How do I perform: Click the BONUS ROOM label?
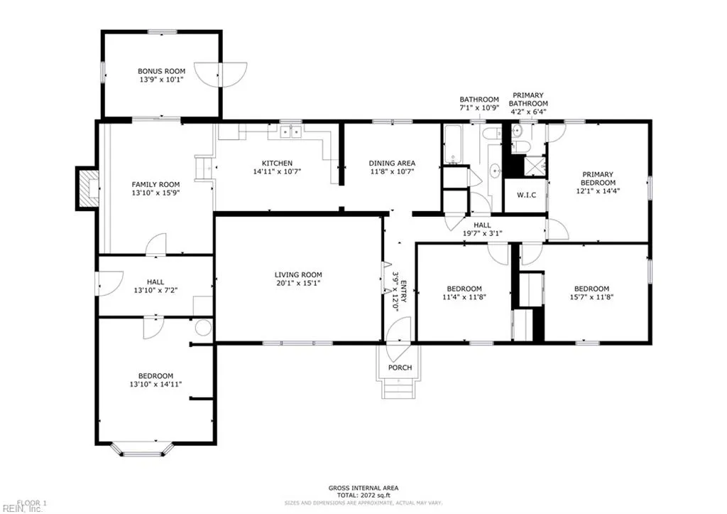[161, 71]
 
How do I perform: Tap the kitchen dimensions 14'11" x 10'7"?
[278, 171]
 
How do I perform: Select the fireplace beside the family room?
[87, 188]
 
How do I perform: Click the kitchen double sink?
[290, 132]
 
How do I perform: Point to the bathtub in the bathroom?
[452, 144]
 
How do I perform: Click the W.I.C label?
[526, 195]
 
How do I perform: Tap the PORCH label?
[400, 368]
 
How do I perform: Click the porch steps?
[398, 389]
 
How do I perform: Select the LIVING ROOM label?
[298, 274]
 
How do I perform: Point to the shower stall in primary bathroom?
[535, 166]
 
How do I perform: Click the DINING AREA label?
[392, 163]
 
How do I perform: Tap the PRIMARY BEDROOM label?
[598, 178]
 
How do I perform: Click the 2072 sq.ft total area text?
[363, 496]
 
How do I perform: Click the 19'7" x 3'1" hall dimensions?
[482, 234]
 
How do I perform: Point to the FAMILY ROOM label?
[155, 184]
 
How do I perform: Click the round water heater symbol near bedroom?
[203, 328]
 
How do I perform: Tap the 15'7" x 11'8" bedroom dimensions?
[591, 296]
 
